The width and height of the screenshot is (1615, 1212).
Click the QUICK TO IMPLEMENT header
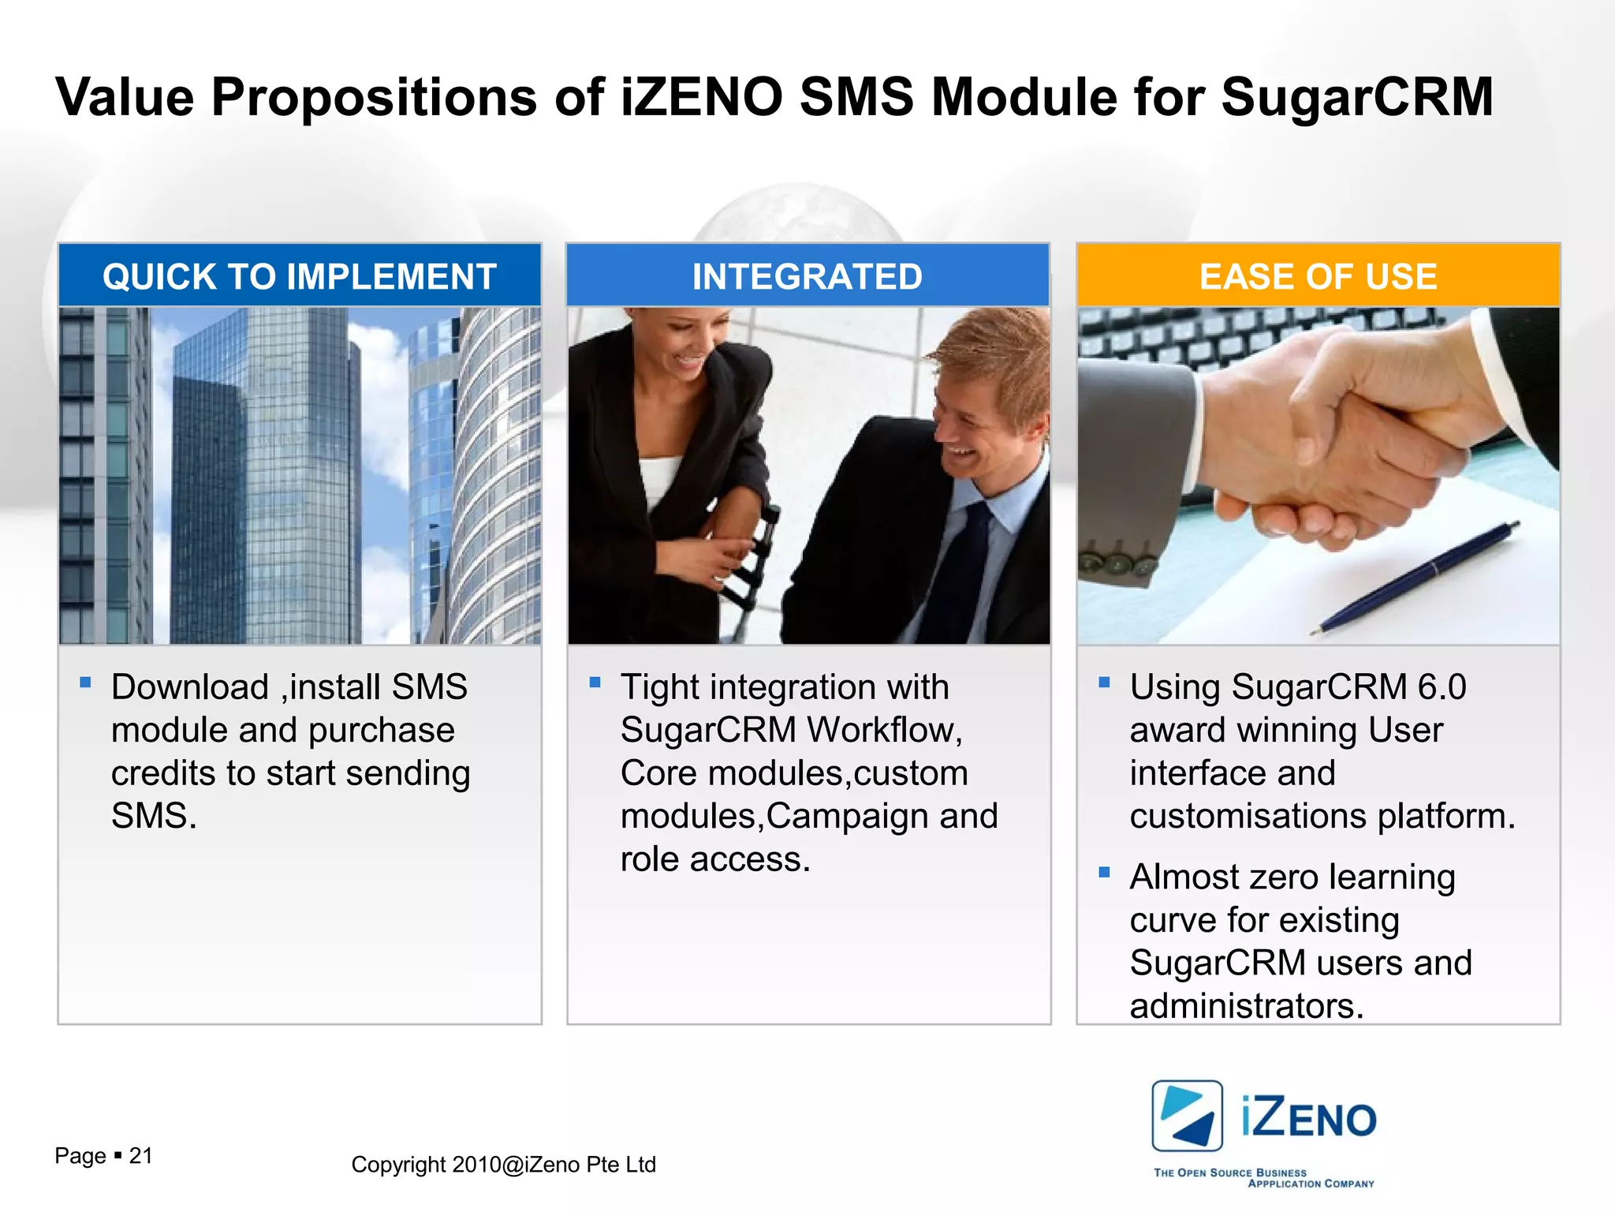(300, 276)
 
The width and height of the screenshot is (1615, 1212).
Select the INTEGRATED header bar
(807, 276)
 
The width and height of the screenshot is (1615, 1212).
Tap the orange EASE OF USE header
(1318, 276)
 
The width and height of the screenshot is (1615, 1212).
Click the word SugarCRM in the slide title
(1356, 98)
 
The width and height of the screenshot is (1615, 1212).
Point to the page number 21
(140, 1156)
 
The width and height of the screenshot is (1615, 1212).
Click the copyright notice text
(503, 1165)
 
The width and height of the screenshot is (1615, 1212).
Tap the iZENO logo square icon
(1187, 1116)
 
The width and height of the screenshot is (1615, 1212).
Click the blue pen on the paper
(1419, 576)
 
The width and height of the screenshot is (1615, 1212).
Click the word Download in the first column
(190, 687)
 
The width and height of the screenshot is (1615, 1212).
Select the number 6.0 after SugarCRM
(1442, 687)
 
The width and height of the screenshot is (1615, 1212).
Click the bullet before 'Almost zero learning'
(1104, 873)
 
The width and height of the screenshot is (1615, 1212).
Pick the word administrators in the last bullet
(1246, 1006)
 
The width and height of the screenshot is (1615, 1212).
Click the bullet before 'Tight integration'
(595, 683)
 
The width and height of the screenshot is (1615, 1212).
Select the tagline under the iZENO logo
(1263, 1178)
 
